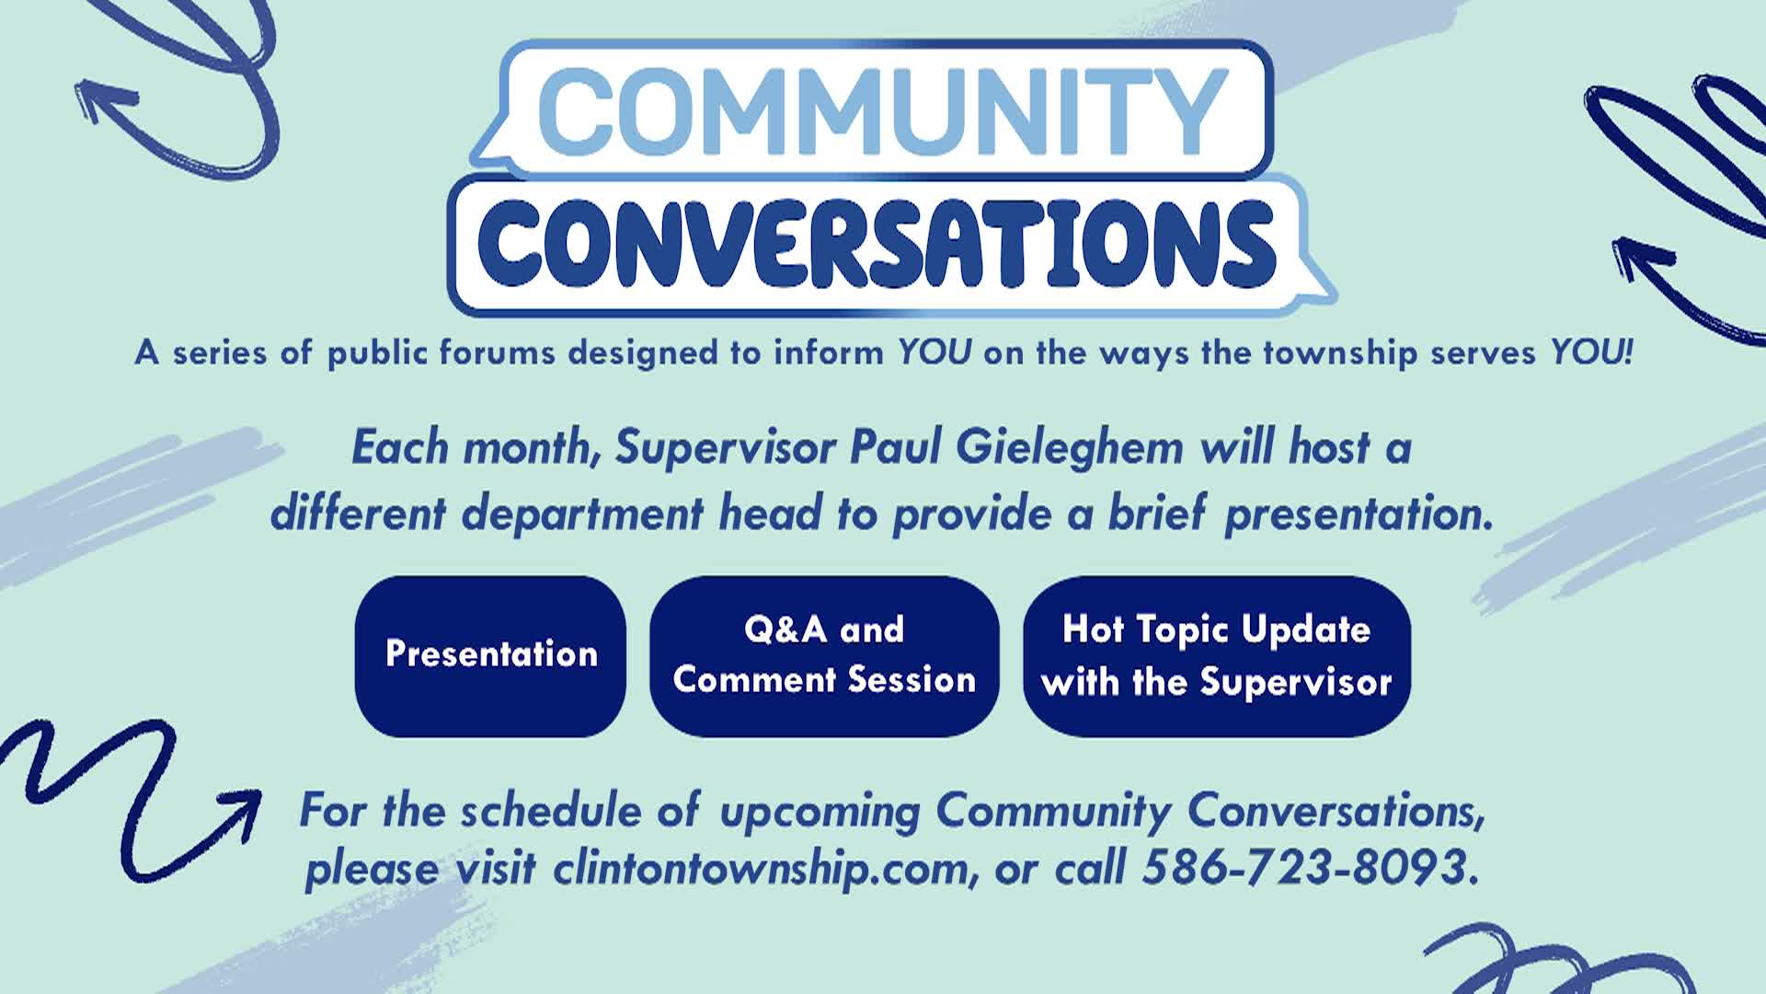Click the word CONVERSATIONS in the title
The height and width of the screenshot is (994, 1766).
click(876, 241)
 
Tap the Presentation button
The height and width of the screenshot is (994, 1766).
click(490, 655)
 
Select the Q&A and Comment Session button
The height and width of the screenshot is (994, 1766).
click(824, 655)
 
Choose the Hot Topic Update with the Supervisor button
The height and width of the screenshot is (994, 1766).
click(1216, 655)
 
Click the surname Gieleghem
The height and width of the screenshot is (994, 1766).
click(1070, 449)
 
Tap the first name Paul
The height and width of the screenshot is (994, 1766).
click(896, 449)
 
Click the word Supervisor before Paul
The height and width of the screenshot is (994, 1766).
click(726, 449)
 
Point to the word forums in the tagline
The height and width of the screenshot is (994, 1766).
click(497, 353)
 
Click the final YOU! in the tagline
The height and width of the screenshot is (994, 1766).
click(1591, 353)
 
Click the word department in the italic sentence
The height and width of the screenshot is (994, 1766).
click(582, 514)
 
